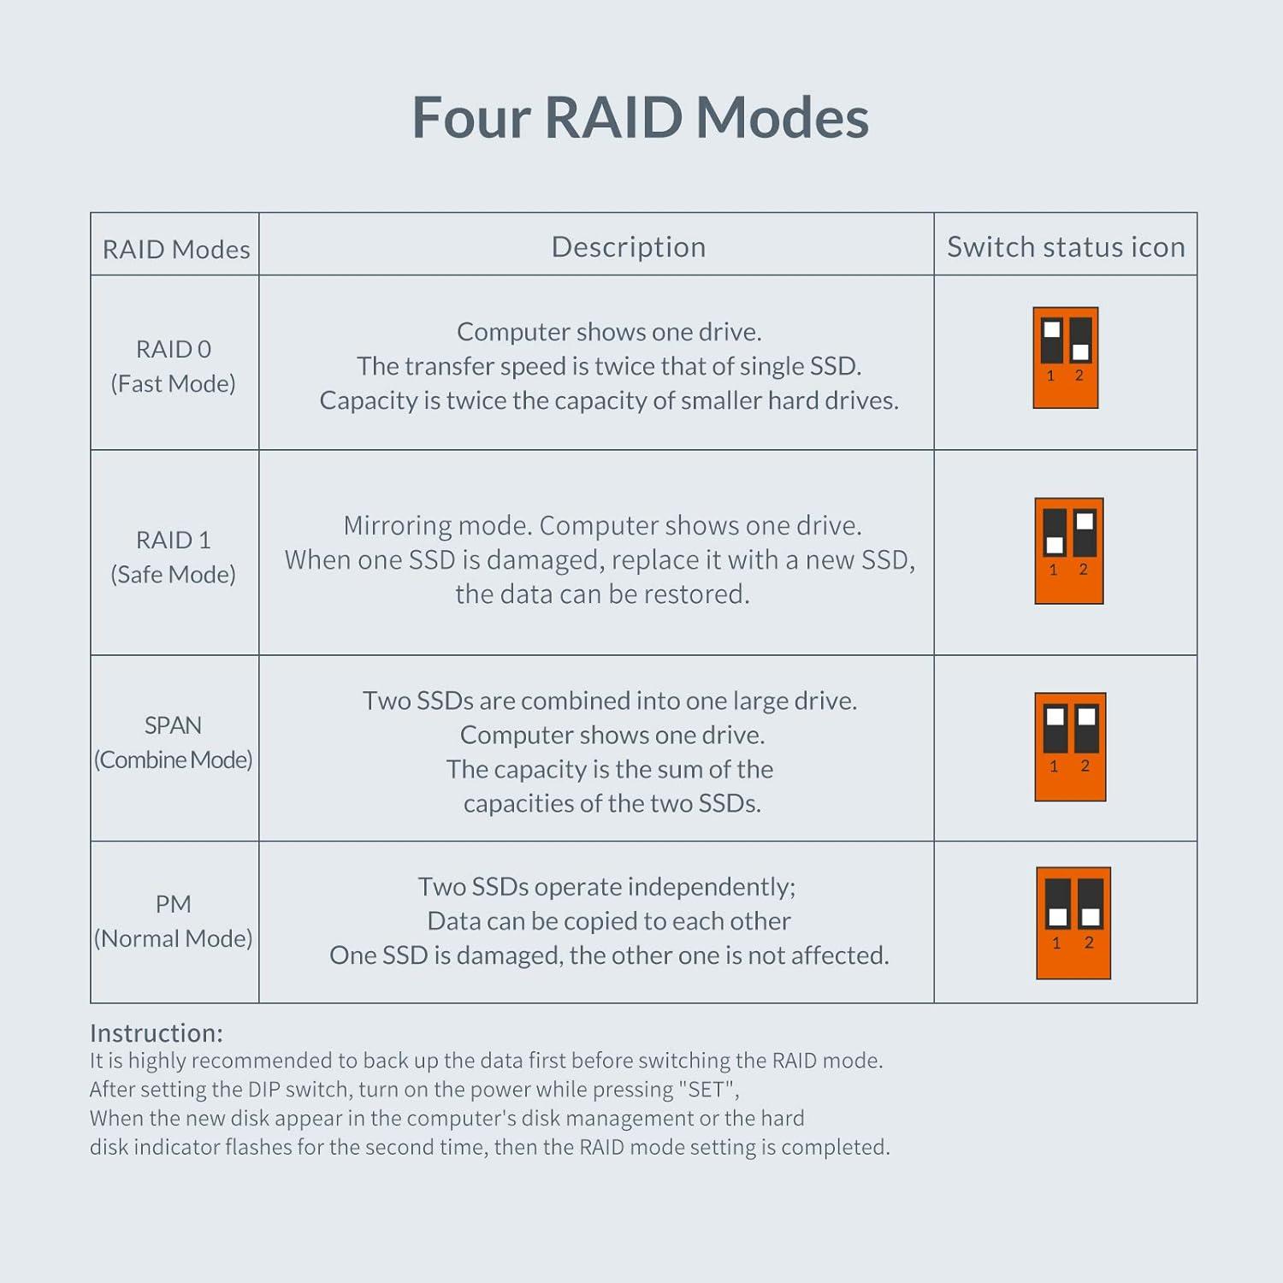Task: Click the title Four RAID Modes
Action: point(640,117)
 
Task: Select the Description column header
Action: point(629,246)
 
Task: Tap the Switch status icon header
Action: point(1066,246)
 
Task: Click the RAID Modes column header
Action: point(176,249)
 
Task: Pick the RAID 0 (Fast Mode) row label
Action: point(174,366)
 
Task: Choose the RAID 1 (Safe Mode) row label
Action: point(174,557)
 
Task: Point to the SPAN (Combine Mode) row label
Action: point(174,742)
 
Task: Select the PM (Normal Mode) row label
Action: point(174,921)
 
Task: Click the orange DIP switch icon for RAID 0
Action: point(1066,358)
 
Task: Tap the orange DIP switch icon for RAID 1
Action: point(1069,551)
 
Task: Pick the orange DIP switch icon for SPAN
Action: point(1070,747)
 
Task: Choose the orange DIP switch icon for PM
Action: point(1073,923)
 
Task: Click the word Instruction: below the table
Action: point(156,1032)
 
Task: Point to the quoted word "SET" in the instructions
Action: point(707,1089)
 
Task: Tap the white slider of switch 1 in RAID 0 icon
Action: point(1052,330)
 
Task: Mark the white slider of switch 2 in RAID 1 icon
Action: point(1085,521)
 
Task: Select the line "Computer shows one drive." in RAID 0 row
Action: point(609,332)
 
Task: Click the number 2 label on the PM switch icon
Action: point(1089,943)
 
